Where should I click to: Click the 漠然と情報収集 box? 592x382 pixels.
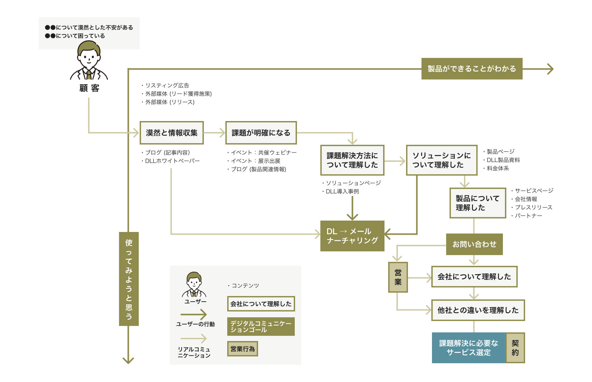pyautogui.click(x=171, y=133)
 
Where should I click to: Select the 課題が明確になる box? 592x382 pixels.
pyautogui.click(x=261, y=133)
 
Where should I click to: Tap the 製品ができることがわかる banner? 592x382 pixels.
pyautogui.click(x=472, y=69)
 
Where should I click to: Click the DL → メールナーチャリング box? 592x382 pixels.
pyautogui.click(x=352, y=236)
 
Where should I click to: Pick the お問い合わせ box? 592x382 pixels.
pyautogui.click(x=474, y=244)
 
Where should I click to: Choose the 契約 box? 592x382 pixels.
pyautogui.click(x=515, y=348)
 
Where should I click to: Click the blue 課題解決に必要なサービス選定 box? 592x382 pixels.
pyautogui.click(x=469, y=348)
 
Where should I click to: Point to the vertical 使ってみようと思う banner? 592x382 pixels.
pyautogui.click(x=129, y=279)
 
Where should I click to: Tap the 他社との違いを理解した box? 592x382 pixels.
pyautogui.click(x=478, y=310)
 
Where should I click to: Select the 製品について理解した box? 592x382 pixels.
pyautogui.click(x=478, y=203)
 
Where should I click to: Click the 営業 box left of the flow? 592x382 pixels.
pyautogui.click(x=398, y=277)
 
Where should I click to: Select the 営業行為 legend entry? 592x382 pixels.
pyautogui.click(x=243, y=349)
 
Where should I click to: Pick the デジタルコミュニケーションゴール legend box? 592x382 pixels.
pyautogui.click(x=261, y=327)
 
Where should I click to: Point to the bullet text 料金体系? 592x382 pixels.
pyautogui.click(x=498, y=168)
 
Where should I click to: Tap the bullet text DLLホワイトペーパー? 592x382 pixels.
pyautogui.click(x=172, y=161)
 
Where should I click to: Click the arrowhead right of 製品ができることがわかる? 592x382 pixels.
pyautogui.click(x=550, y=69)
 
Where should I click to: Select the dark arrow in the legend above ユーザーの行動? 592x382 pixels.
pyautogui.click(x=194, y=315)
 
